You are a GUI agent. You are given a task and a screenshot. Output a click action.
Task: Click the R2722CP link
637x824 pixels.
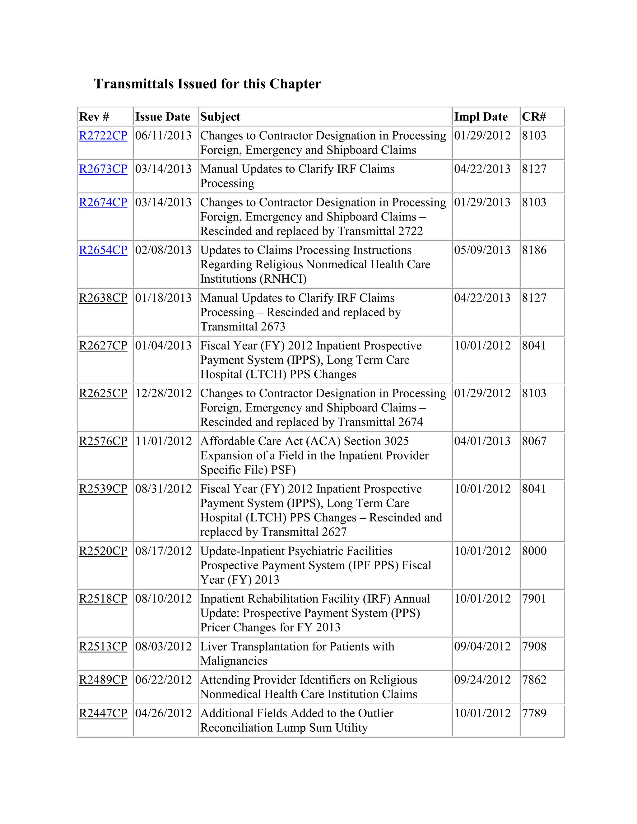point(103,136)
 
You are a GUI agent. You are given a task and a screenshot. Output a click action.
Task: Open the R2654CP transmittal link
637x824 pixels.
point(103,250)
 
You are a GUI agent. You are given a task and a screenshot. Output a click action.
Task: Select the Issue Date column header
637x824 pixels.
point(163,117)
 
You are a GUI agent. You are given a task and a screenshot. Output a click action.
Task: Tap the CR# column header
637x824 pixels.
point(534,117)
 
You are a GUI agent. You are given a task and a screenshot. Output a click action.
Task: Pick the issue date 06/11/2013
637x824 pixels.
point(163,136)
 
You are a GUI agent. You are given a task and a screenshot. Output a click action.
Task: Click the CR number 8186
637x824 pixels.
point(534,250)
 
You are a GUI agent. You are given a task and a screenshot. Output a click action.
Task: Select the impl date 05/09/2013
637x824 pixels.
point(482,250)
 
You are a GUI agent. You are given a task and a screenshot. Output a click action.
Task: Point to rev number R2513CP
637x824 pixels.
point(103,646)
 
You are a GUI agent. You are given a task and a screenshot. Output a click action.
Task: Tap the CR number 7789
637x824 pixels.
point(534,713)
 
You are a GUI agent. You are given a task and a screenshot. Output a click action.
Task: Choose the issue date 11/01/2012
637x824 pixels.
point(163,441)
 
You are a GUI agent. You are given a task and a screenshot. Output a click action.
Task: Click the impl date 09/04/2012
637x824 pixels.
point(482,646)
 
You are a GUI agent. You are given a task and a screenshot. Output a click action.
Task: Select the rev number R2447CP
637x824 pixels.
point(103,713)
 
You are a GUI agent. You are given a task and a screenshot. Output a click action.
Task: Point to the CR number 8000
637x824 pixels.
point(534,551)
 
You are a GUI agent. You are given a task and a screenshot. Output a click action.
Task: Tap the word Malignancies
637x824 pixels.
point(234,661)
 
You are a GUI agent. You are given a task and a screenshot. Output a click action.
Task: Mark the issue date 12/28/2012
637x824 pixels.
point(163,393)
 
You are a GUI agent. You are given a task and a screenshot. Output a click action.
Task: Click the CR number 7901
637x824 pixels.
point(534,599)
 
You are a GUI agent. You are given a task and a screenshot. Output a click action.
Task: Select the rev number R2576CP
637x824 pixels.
point(103,441)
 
